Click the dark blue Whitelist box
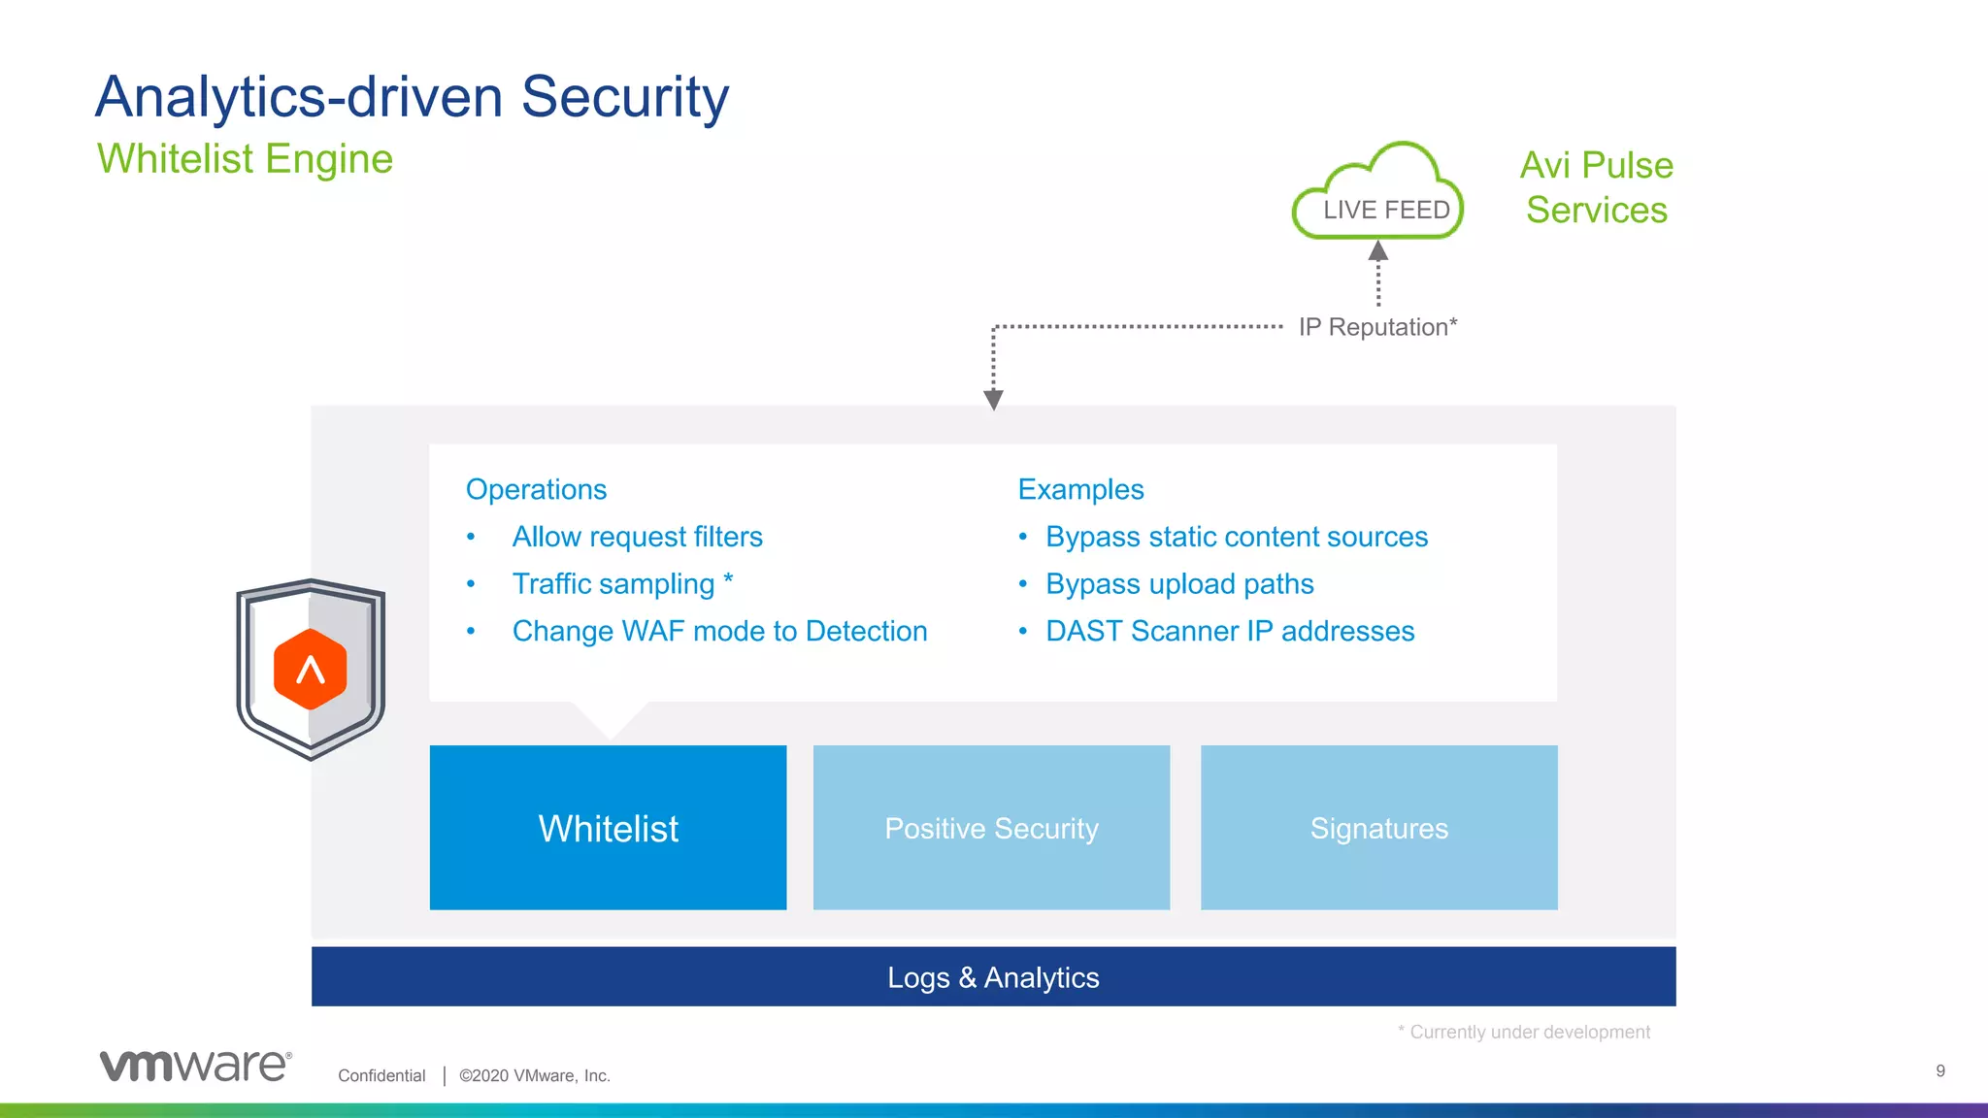[608, 827]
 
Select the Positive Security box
[991, 827]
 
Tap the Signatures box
[1378, 827]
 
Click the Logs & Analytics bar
[993, 976]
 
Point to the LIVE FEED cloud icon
[1378, 194]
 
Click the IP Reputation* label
[1377, 327]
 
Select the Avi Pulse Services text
[1596, 187]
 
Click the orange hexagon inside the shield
[311, 669]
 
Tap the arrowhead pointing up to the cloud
[1378, 251]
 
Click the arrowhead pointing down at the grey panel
[993, 399]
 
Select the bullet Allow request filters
[637, 537]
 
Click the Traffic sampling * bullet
[622, 584]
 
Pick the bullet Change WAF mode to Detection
[719, 631]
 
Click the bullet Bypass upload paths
[1179, 584]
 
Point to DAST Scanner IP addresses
[1230, 631]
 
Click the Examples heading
[1080, 489]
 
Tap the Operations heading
[536, 489]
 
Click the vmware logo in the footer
[195, 1066]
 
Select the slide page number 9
[1939, 1070]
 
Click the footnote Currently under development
[1527, 1032]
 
